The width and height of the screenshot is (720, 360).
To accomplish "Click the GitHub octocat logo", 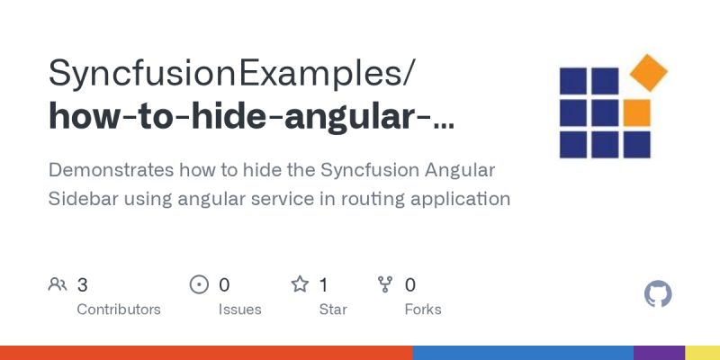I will pyautogui.click(x=659, y=294).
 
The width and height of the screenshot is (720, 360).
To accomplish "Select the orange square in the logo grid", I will pyautogui.click(x=636, y=112).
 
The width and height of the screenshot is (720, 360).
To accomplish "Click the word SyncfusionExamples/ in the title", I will pyautogui.click(x=232, y=73).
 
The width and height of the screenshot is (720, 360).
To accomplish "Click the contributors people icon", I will pyautogui.click(x=58, y=285).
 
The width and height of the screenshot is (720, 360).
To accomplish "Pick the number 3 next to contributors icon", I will pyautogui.click(x=83, y=285).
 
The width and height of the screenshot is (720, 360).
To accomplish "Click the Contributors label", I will pyautogui.click(x=119, y=310).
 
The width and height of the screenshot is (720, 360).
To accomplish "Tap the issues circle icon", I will pyautogui.click(x=199, y=285).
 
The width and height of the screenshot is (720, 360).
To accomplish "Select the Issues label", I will pyautogui.click(x=239, y=310).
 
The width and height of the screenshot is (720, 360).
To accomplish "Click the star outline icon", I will pyautogui.click(x=300, y=285).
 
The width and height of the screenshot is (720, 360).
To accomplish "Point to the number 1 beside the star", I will pyautogui.click(x=324, y=285).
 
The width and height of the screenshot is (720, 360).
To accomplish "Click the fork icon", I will pyautogui.click(x=385, y=285).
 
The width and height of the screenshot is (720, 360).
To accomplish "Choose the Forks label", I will pyautogui.click(x=423, y=310).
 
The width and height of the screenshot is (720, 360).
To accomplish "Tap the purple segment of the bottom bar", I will pyautogui.click(x=659, y=352).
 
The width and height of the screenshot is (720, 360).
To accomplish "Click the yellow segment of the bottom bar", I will pyautogui.click(x=702, y=352).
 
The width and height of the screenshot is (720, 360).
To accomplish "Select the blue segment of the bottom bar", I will pyautogui.click(x=522, y=352).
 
